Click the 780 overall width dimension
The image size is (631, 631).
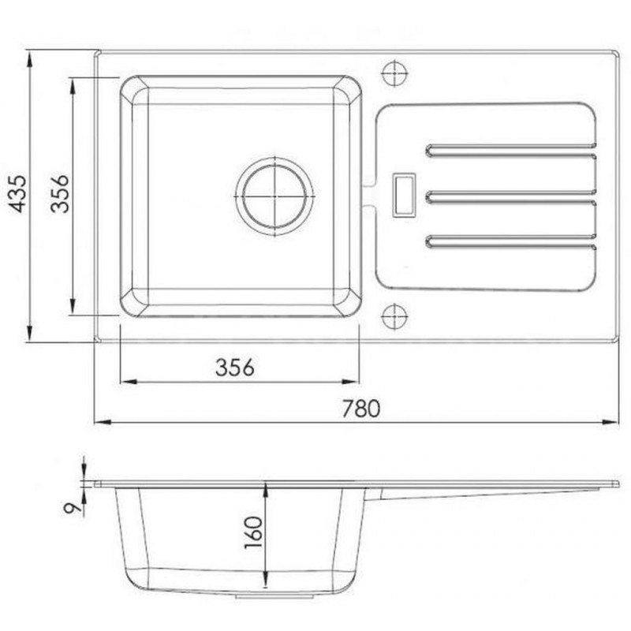pos(361,409)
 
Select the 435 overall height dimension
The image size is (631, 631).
pos(18,193)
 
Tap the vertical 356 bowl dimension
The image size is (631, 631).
pos(60,193)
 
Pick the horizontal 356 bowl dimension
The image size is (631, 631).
pos(235,368)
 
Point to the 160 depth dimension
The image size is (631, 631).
pos(253,532)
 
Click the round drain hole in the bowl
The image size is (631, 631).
pos(274,196)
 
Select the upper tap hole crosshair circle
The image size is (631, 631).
pos(395,73)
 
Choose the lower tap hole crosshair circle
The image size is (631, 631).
pos(394,316)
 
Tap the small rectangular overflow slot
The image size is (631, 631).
pos(404,195)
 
